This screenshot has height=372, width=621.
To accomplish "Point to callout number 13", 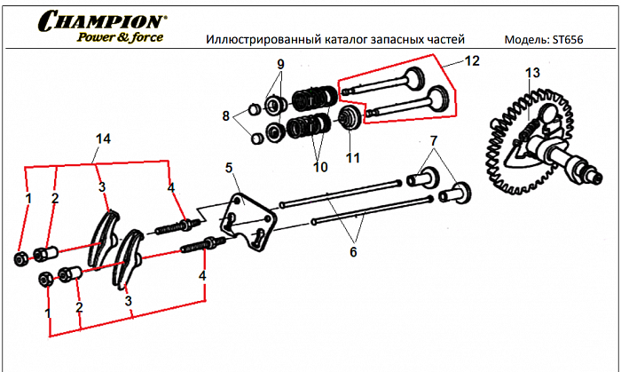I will (x=531, y=72).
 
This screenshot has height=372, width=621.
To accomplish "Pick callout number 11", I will (x=354, y=159).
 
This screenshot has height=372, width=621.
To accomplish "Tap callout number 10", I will (x=318, y=166).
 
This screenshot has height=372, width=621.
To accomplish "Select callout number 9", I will (x=280, y=65).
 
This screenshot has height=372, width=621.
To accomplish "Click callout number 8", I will (x=226, y=115).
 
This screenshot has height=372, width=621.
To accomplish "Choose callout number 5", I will (x=228, y=168).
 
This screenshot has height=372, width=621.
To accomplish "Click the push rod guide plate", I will (x=247, y=218).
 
